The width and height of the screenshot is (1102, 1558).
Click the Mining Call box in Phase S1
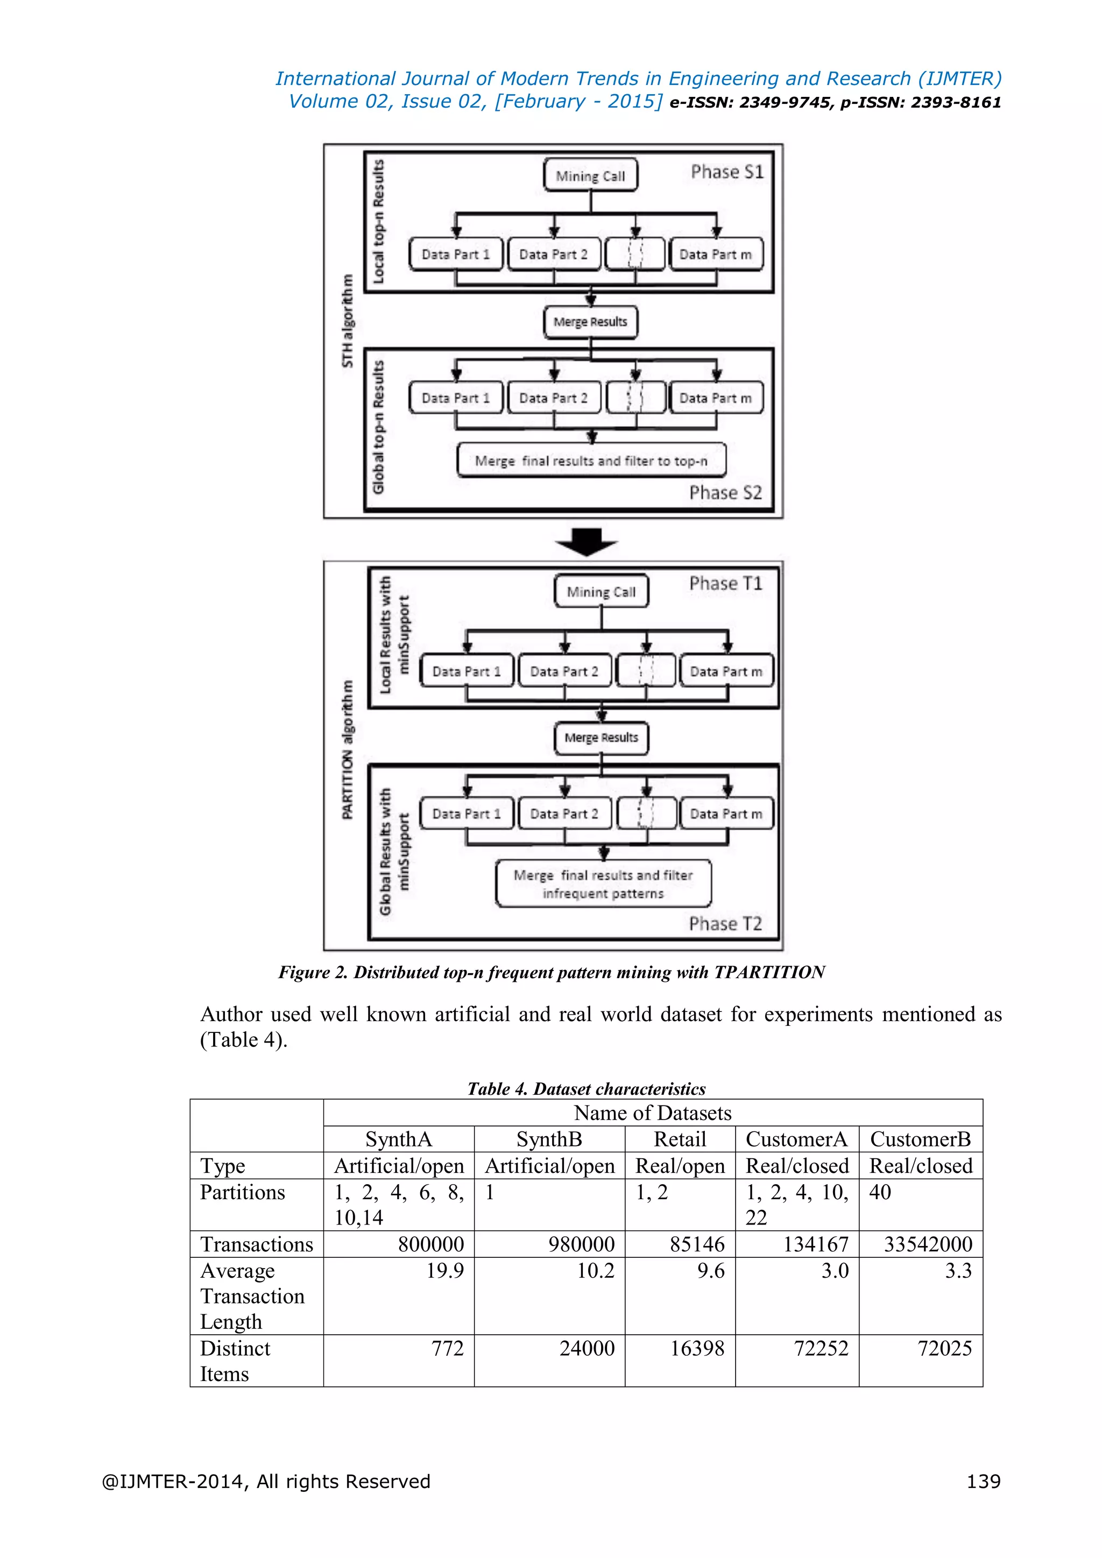pyautogui.click(x=590, y=176)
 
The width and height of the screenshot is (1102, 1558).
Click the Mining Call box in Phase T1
pyautogui.click(x=601, y=592)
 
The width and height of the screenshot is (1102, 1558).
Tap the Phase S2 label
pyautogui.click(x=725, y=493)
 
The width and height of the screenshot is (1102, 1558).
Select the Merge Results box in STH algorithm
pyautogui.click(x=590, y=322)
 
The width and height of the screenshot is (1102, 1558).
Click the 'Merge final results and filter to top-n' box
pyautogui.click(x=591, y=461)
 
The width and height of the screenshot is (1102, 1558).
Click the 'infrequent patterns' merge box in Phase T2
pyautogui.click(x=603, y=883)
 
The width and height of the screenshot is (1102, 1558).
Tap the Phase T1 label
pyautogui.click(x=725, y=584)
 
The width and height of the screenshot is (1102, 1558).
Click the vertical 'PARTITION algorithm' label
pyautogui.click(x=348, y=749)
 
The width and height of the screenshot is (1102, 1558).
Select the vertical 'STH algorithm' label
pyautogui.click(x=348, y=321)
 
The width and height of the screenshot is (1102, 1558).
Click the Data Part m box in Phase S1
pyautogui.click(x=716, y=254)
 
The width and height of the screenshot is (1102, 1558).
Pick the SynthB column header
pyautogui.click(x=549, y=1139)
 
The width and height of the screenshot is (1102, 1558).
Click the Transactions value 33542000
pyautogui.click(x=928, y=1244)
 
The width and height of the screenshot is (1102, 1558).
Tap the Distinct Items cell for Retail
pyautogui.click(x=697, y=1348)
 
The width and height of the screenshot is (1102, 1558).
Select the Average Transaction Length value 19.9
pyautogui.click(x=445, y=1270)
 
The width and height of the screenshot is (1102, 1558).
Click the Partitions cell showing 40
pyautogui.click(x=880, y=1192)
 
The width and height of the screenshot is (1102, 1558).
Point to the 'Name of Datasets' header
pyautogui.click(x=653, y=1113)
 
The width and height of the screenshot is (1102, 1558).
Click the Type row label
pyautogui.click(x=223, y=1166)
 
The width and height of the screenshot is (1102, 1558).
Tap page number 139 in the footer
pyautogui.click(x=983, y=1481)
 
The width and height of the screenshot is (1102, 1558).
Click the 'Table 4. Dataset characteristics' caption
pyautogui.click(x=587, y=1089)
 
